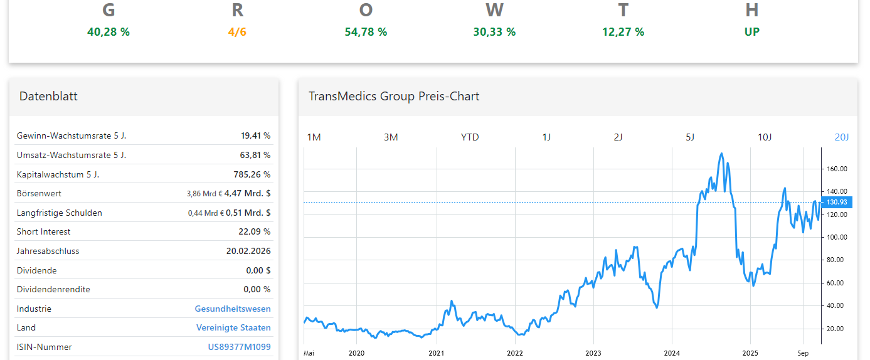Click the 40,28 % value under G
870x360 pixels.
(x=109, y=32)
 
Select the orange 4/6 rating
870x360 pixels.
(x=237, y=32)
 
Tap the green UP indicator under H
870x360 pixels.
(x=751, y=32)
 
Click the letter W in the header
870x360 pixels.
(x=494, y=11)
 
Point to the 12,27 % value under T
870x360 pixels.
(x=623, y=32)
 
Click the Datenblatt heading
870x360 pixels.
(x=48, y=96)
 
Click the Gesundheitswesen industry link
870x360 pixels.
(x=233, y=309)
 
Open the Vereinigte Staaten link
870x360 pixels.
(x=233, y=328)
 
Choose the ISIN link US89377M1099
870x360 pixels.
(x=239, y=347)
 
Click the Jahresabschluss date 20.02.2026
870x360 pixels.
(x=248, y=251)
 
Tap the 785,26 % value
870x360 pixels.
(x=252, y=174)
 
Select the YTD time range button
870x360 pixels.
(x=469, y=137)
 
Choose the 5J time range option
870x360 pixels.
(x=690, y=137)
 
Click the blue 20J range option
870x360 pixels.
(x=841, y=137)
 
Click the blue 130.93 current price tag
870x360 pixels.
(x=836, y=202)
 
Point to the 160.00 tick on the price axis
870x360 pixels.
(x=837, y=169)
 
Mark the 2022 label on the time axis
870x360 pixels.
(x=514, y=353)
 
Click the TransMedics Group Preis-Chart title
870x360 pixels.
(x=393, y=96)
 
